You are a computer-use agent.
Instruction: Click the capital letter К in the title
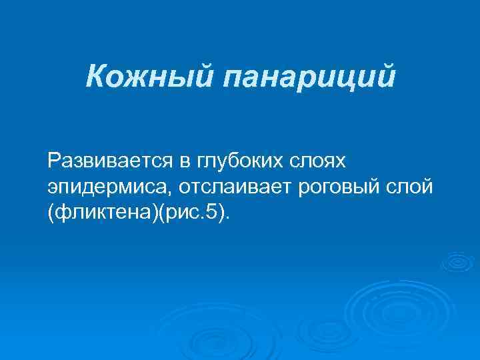94,77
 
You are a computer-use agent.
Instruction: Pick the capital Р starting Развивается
53,160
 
